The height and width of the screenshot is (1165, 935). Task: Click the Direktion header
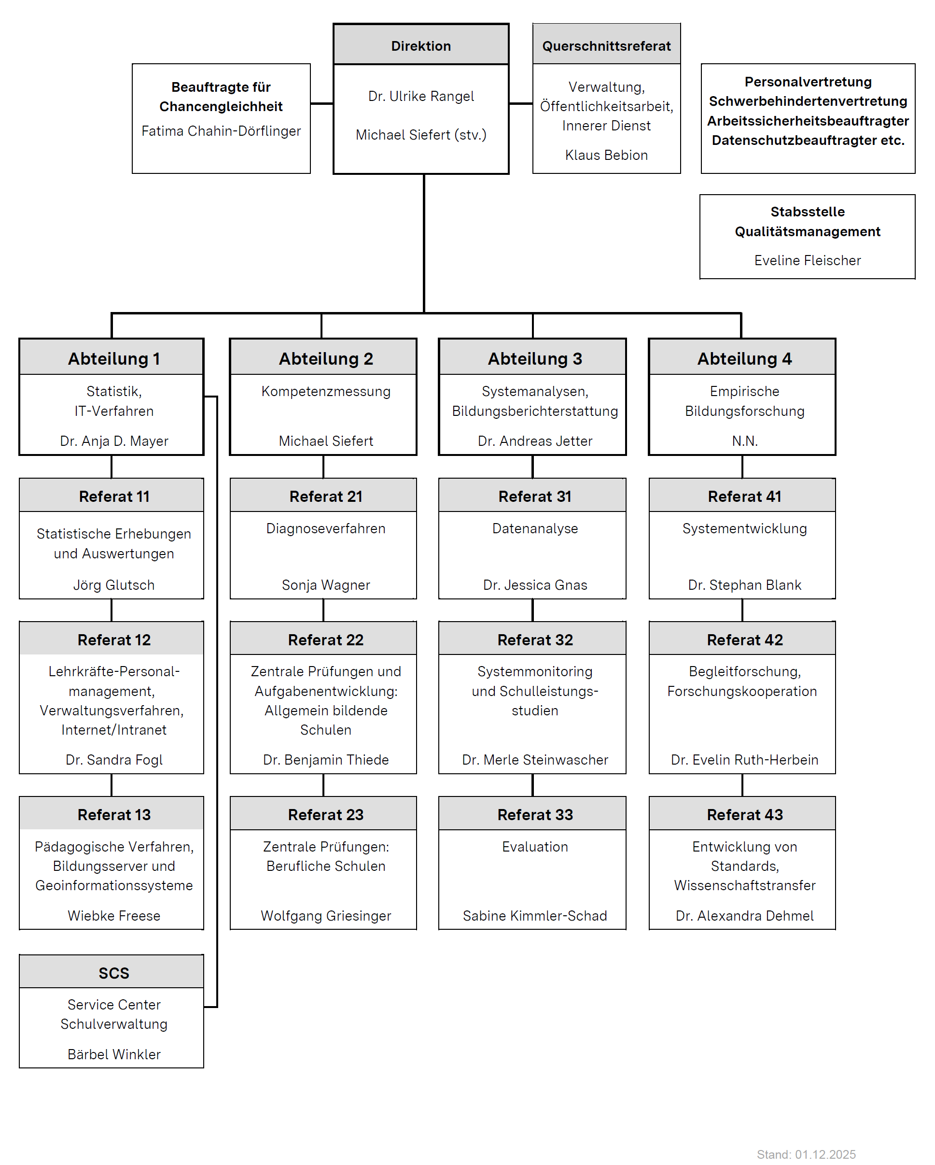pos(421,46)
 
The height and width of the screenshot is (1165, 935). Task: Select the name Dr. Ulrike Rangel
pos(421,96)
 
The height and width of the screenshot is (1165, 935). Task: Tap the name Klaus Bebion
pos(606,155)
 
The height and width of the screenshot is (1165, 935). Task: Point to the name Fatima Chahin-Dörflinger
pos(221,131)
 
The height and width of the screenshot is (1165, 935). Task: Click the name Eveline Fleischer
pos(807,260)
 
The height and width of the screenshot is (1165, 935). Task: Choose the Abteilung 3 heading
pos(535,359)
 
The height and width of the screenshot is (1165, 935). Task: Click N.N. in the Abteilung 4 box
pos(744,441)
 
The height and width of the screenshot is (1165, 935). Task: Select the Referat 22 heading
pos(326,640)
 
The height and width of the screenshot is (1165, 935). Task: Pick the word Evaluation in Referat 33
pos(535,847)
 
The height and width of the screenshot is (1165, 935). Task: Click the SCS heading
pos(114,973)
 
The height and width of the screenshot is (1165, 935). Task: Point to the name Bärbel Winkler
pos(114,1054)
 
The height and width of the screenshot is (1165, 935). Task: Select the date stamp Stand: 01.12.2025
pos(806,1154)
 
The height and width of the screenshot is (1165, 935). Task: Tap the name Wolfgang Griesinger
pos(326,916)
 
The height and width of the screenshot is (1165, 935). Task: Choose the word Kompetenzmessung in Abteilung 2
pos(326,391)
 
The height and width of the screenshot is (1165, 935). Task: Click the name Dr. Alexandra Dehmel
pos(744,916)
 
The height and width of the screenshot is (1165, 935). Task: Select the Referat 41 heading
pos(744,497)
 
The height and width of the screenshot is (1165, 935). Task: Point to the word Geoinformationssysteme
pos(114,886)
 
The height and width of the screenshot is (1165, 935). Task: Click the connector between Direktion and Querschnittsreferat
pos(521,103)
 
